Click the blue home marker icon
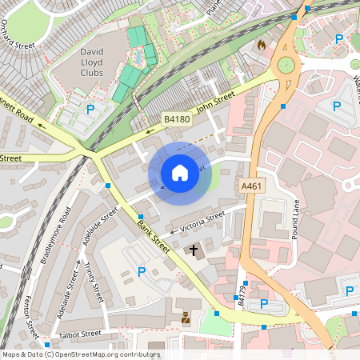pyautogui.click(x=180, y=172)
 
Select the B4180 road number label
pyautogui.click(x=177, y=119)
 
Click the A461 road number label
pyautogui.click(x=252, y=186)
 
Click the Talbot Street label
pyautogui.click(x=80, y=334)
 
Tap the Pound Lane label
pyautogui.click(x=296, y=217)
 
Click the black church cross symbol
pyautogui.click(x=193, y=250)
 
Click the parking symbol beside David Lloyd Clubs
pyautogui.click(x=90, y=110)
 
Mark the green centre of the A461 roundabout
pyautogui.click(x=284, y=65)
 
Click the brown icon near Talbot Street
pyautogui.click(x=186, y=317)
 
